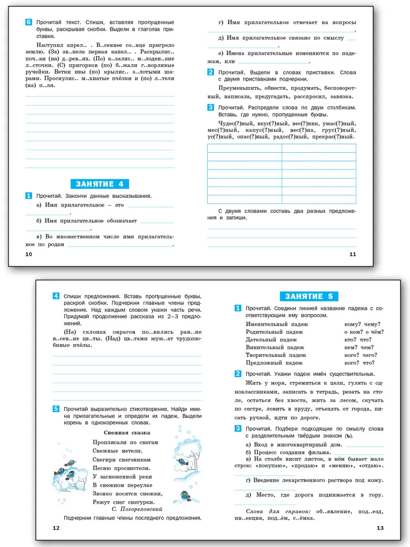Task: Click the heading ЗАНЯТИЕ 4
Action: point(100,184)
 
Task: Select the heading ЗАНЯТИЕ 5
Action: point(309,296)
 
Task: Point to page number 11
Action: point(352,254)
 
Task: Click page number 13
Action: point(380,528)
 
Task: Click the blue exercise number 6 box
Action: point(29,22)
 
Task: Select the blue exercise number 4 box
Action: point(56,296)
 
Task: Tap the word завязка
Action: point(342,96)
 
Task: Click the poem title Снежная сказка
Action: point(127,432)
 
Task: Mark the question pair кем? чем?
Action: point(359,347)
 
